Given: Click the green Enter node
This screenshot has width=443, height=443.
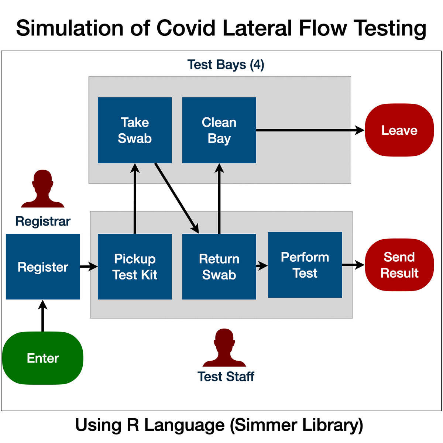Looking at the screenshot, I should click(x=43, y=358).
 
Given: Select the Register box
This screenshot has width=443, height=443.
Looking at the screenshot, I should click(x=43, y=267).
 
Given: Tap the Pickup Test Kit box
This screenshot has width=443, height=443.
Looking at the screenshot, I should click(x=135, y=267).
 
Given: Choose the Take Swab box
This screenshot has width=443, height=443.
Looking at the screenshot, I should click(x=135, y=130).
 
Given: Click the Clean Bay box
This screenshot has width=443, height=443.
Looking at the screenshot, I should click(x=219, y=130).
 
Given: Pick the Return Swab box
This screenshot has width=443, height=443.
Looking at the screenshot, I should click(x=219, y=267).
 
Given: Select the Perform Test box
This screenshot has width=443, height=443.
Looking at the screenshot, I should click(x=305, y=265).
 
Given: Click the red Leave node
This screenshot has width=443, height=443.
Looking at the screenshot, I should click(x=399, y=130).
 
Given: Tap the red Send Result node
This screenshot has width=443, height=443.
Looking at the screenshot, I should click(x=399, y=265).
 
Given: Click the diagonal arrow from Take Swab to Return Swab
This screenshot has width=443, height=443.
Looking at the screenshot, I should click(x=176, y=198).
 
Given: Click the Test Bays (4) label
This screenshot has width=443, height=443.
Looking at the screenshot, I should click(x=226, y=65).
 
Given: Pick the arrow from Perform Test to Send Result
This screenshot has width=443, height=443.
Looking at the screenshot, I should click(x=353, y=265).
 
